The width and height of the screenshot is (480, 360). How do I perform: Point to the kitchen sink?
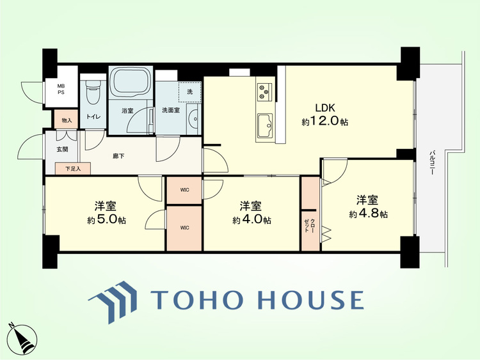266,125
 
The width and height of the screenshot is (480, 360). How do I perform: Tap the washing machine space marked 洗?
190,91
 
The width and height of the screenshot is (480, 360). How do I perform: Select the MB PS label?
61,90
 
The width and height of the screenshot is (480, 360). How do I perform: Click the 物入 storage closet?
67,120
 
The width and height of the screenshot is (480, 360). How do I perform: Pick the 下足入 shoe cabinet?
73,168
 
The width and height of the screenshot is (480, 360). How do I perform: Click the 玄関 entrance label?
63,150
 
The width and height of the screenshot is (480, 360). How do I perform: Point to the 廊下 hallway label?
118,156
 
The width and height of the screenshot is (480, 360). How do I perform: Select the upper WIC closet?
184,191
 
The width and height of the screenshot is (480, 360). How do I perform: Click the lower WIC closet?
184,228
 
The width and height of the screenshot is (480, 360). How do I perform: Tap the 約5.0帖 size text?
106,220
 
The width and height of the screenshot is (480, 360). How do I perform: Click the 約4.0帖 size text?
252,220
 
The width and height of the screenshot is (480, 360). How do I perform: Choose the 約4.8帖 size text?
369,214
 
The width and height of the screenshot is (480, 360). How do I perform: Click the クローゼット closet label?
309,226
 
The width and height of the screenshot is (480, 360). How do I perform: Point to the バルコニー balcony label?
432,162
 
